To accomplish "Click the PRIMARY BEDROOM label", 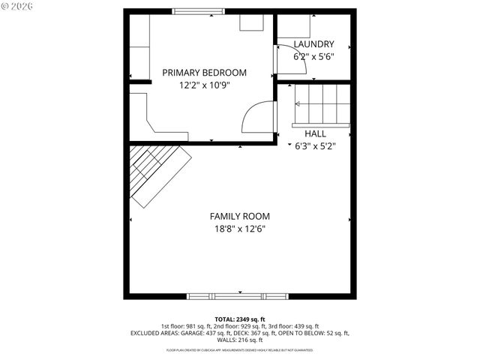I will pos(205,73).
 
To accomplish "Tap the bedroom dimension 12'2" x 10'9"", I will pos(204,85).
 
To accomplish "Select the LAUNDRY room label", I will pos(313,44).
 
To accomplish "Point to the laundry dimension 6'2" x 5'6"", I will pos(313,56).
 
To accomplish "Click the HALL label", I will pos(315,133).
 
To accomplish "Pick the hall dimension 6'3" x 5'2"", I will pos(315,145).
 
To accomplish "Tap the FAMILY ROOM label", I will pos(240,216).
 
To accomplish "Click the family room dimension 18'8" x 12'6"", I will pos(240,229).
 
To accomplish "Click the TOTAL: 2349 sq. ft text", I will pos(240,319).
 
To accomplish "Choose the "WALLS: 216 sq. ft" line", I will pos(240,339).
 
